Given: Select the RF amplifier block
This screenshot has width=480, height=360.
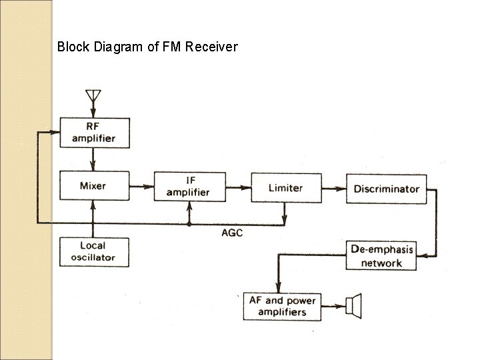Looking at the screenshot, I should coord(94,132).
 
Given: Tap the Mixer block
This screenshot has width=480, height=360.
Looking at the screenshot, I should coord(94,185).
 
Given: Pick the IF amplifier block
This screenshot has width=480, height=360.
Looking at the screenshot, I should coord(187,185).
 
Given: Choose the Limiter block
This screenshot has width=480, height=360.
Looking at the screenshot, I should coord(285,187).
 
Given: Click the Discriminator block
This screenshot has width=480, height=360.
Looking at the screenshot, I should coord(386,189).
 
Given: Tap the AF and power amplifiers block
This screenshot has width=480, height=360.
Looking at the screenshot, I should coord(282,306).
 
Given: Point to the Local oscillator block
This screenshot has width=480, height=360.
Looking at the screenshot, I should coord(94,251).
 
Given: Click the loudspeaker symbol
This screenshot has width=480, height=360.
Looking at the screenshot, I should coord(353,305).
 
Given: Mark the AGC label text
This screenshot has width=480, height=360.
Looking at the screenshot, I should coord(231,232).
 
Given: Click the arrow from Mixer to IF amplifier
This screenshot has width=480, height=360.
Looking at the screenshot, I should coord(141,186).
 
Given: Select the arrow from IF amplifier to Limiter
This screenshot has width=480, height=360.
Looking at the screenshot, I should coord(236,187).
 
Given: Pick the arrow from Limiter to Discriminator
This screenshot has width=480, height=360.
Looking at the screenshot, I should coord(333,188).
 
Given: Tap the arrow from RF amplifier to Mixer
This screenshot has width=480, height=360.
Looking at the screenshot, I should coord(94,159).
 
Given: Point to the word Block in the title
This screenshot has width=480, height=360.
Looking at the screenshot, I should coord(71,47).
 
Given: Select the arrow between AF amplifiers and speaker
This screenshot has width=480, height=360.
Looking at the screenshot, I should coord(333,306).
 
